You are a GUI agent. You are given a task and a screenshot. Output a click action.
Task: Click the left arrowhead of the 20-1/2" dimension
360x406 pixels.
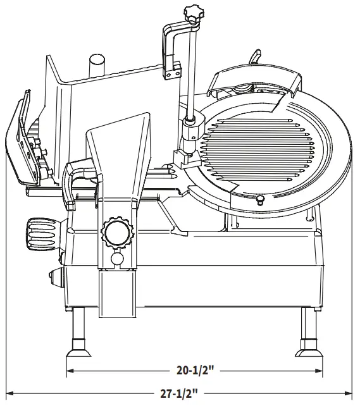70,372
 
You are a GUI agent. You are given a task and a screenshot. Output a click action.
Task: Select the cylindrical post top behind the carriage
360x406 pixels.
96,62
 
